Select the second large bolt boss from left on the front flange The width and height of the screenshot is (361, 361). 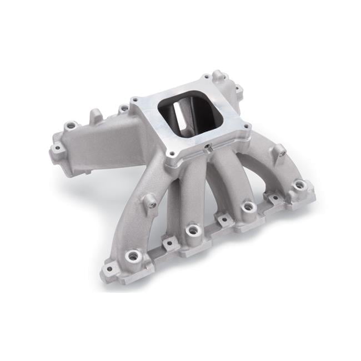coord(192,229)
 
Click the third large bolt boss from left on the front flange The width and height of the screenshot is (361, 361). coord(248,207)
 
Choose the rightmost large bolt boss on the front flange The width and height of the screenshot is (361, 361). coord(300,185)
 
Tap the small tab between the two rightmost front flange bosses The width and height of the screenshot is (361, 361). coord(274,197)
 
